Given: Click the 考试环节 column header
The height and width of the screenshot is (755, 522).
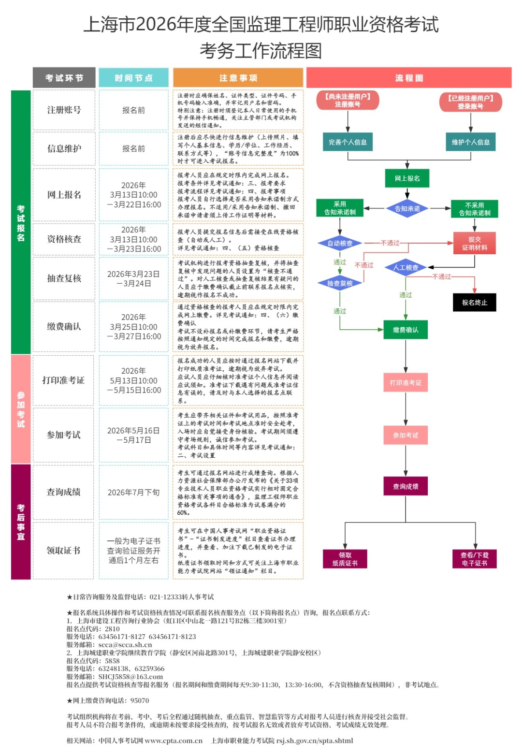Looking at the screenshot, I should pos(64,78).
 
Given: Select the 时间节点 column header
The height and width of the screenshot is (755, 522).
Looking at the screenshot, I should pos(133,78).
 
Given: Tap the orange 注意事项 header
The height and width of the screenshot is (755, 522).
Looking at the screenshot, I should pos(238,78).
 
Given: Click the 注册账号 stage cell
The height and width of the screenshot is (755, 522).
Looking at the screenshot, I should pos(64,110).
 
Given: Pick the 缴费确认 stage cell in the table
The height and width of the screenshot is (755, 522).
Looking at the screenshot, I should pos(64,327).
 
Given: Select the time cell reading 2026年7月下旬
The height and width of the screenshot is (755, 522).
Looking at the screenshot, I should pos(133,492).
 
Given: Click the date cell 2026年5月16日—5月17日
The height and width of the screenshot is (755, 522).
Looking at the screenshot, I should pos(133,435).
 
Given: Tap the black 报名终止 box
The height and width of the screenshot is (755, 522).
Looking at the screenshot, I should pos(474,303).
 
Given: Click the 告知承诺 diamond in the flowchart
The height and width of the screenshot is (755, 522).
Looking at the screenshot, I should pos(407,209).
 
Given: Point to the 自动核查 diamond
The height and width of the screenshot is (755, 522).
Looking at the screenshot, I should pos(340,243).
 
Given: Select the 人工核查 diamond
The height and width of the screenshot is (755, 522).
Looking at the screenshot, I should pos(406,267).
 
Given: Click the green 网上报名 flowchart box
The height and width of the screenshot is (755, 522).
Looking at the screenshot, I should pos(407,178).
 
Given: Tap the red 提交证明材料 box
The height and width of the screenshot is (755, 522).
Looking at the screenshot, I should pos(474,243).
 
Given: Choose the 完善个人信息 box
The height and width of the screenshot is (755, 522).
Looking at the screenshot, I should pos(348,142).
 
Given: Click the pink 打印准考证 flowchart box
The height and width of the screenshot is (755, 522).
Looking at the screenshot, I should pos(406,382).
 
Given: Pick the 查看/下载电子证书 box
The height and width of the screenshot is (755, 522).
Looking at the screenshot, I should pos(474,559).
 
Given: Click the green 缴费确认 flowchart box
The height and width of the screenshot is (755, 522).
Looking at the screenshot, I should pos(406,330).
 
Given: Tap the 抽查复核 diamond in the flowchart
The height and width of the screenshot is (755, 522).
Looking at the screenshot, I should pos(340,283).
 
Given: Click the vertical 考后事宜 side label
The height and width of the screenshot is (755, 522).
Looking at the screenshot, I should pos(21,522).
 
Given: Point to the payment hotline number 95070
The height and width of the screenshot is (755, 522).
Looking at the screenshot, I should pos(140,700).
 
